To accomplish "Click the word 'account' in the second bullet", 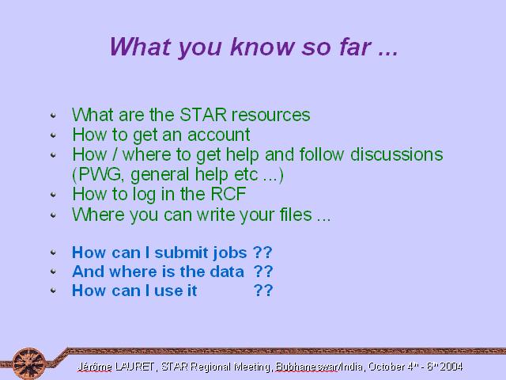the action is click(218, 135).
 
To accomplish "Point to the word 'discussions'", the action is click(397, 154).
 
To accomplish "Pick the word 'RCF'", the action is click(228, 194).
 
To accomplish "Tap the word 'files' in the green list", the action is click(296, 215).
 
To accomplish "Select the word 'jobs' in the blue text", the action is click(230, 253).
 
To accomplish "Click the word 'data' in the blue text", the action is click(227, 272).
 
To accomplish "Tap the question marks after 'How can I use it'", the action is click(263, 291).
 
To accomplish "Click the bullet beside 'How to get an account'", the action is click(53, 135).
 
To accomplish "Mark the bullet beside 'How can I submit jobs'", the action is click(53, 253).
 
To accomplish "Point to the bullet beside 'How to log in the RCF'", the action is click(53, 194).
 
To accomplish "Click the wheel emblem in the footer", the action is click(29, 363).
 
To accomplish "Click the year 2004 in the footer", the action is click(451, 367).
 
